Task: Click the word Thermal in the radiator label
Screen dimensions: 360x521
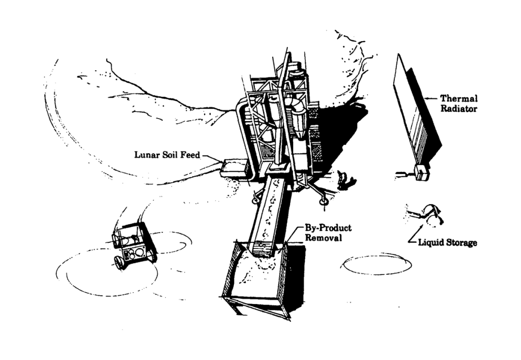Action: pyautogui.click(x=458, y=99)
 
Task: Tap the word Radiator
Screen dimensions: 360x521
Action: pyautogui.click(x=458, y=109)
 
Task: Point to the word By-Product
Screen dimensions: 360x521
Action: pyautogui.click(x=328, y=228)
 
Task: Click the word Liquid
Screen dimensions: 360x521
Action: pyautogui.click(x=431, y=243)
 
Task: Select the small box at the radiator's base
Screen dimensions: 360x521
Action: pyautogui.click(x=421, y=173)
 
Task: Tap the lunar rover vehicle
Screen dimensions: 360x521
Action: pyautogui.click(x=133, y=244)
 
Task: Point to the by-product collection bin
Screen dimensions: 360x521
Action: pyautogui.click(x=254, y=280)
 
